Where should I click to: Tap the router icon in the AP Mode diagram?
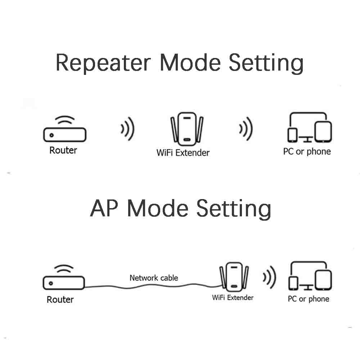(x=64, y=282)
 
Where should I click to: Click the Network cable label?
(x=154, y=278)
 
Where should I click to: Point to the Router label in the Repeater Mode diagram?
(x=63, y=150)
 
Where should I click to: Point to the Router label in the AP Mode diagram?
(x=60, y=299)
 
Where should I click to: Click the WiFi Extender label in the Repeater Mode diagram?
(x=183, y=153)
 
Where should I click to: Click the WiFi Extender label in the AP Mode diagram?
(x=233, y=298)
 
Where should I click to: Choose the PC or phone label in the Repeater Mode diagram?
(x=307, y=152)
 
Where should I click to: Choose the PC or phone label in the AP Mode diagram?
(x=309, y=299)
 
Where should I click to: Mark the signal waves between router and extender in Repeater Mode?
(x=127, y=129)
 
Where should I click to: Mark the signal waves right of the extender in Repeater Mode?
(x=246, y=129)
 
